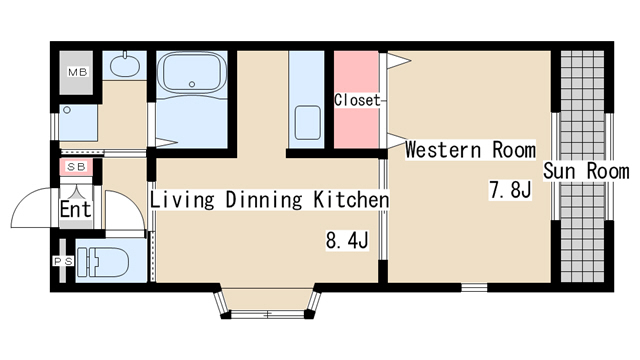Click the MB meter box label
pos(78,73)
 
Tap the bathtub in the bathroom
pos(191,72)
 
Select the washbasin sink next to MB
pos(124,65)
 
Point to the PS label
pos(63,261)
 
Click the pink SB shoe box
pos(76,167)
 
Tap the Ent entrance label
pos(75,209)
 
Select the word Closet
pos(357,100)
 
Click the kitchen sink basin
pos(307,122)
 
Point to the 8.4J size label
pos(347,240)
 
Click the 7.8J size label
pos(510,190)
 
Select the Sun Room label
pos(586,171)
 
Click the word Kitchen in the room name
pos(351,200)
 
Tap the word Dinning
pos(264,200)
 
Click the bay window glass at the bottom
pos(268,314)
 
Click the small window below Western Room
pos(474,288)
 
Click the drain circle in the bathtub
pos(192,84)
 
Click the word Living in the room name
pos(182,200)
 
